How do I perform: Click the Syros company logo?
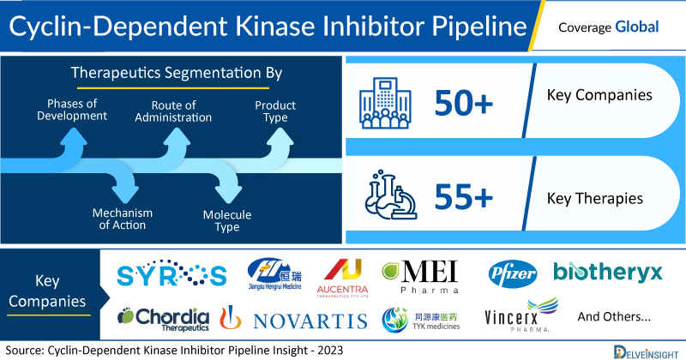[170, 274]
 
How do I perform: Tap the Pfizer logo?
[512, 273]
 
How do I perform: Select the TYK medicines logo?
[420, 319]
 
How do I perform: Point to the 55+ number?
[464, 198]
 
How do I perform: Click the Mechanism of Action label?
[123, 219]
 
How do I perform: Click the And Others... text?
[614, 316]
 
